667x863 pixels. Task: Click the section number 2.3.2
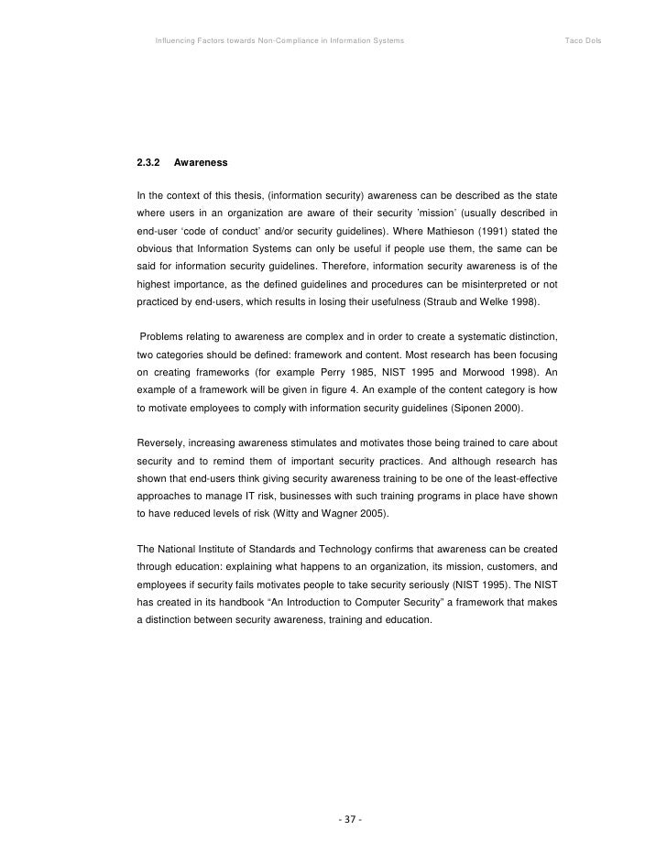pos(148,163)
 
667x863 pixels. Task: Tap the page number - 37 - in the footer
pos(349,818)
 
